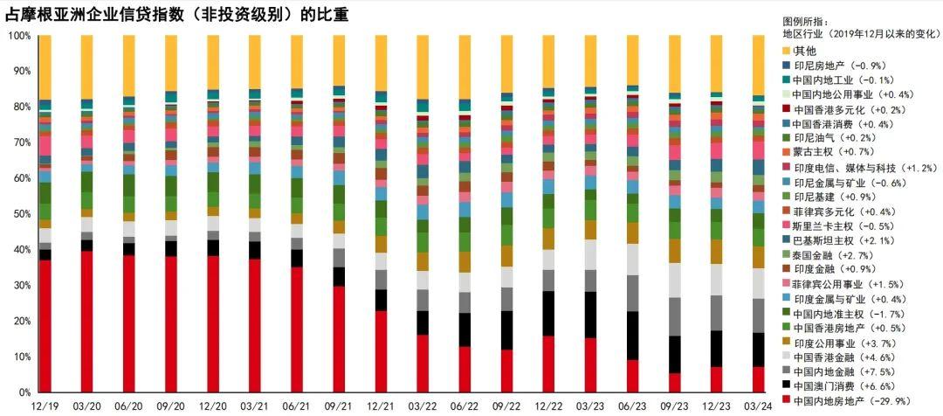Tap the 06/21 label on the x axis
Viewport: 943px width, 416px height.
(297, 406)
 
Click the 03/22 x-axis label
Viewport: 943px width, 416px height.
(423, 406)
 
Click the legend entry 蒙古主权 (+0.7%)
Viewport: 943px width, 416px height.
(827, 152)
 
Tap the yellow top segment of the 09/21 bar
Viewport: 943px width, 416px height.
(339, 60)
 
